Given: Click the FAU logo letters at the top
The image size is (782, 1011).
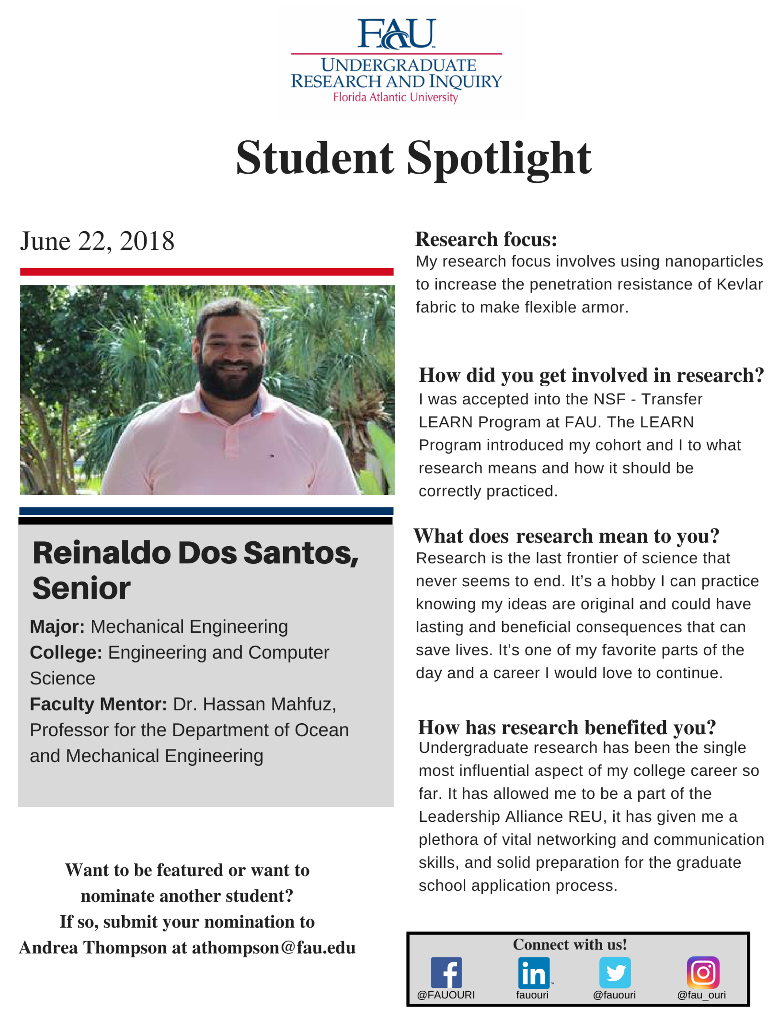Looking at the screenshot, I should coord(396,33).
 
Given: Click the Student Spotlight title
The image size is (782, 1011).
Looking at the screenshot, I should coord(413,158).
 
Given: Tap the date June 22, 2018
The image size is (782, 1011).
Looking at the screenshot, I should coord(97,241).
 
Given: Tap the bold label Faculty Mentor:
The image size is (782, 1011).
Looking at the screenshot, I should coord(98,704).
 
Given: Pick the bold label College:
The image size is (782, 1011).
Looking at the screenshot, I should coord(66,652).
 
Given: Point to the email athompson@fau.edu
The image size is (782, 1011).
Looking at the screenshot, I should coord(273,948).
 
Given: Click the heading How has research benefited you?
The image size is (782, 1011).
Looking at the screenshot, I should coord(567,727).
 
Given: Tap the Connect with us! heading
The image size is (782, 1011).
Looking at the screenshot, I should coord(569,944).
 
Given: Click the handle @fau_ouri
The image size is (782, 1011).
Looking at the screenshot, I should coord(701,995).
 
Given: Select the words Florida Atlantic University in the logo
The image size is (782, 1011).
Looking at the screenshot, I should coord(396,97).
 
